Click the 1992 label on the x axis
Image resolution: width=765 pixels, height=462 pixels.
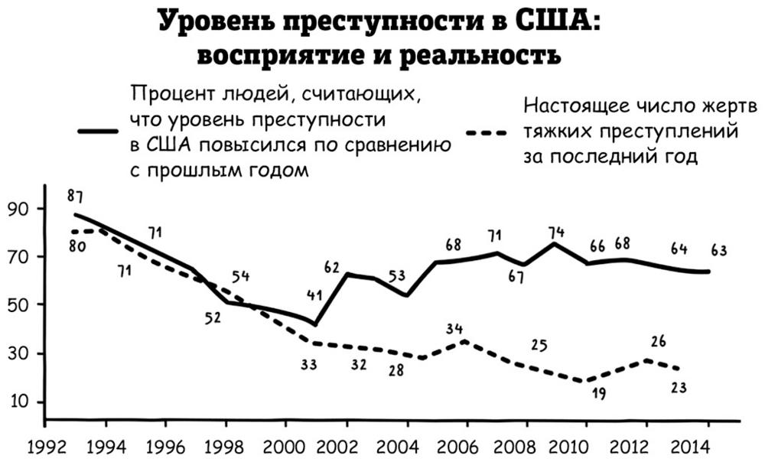[x=45, y=445]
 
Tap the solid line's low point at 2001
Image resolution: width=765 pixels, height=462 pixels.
[x=316, y=324]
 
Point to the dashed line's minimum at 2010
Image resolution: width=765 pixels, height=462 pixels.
[x=587, y=381]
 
